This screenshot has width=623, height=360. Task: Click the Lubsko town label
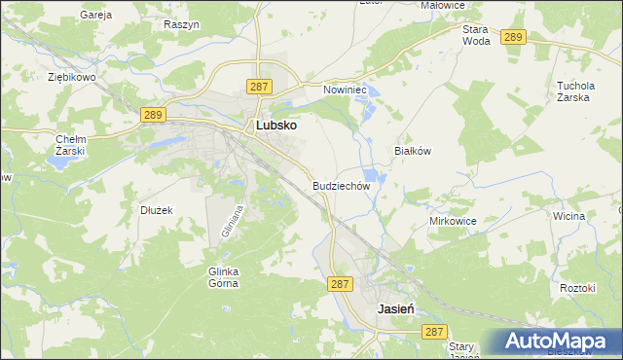pos(275,126)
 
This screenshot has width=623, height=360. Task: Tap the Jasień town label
pos(396,307)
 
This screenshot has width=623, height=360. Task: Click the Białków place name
pos(412,151)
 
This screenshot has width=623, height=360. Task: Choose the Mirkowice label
pos(453,221)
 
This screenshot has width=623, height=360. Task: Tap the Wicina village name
pos(568,215)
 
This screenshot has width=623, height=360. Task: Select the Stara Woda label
pos(476,36)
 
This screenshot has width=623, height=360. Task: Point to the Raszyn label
pos(182,23)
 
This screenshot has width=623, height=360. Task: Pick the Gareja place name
pos(96,16)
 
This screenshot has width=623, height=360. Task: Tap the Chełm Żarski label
pos(71,145)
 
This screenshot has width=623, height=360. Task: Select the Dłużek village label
pos(156,209)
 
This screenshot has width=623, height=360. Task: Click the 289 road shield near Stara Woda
pos(514,37)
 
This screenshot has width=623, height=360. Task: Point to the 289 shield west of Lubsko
pos(152,115)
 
